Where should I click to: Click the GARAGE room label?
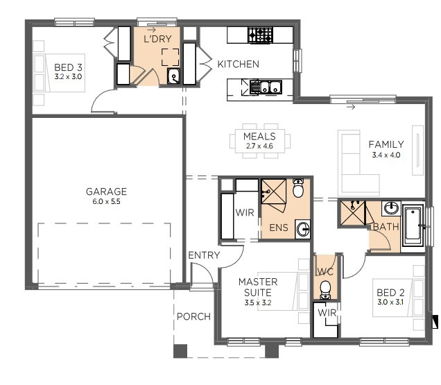[106, 191]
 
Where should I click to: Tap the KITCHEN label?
[238, 65]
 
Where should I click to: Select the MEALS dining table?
[259, 141]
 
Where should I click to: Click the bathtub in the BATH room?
[413, 225]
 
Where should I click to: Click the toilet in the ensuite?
[298, 188]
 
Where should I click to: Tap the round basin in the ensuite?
[302, 228]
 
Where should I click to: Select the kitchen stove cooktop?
[262, 33]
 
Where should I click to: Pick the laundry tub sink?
[173, 76]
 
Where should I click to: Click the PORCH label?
[193, 317]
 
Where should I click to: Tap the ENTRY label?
[204, 255]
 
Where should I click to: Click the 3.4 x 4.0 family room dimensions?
[386, 155]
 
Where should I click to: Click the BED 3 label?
[68, 67]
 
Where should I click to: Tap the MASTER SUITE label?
[258, 287]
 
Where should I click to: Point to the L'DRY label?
[157, 40]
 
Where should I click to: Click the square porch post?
[180, 351]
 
